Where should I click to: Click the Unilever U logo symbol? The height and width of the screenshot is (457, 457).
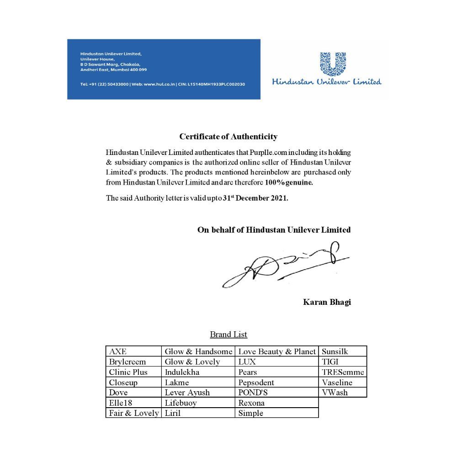pyautogui.click(x=333, y=64)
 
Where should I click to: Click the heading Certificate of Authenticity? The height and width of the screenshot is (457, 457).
pyautogui.click(x=228, y=137)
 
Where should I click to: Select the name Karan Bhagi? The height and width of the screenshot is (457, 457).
pyautogui.click(x=327, y=302)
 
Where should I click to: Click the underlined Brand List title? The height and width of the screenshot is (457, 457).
pyautogui.click(x=228, y=335)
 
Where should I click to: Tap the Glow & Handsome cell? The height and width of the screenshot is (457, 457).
pyautogui.click(x=198, y=351)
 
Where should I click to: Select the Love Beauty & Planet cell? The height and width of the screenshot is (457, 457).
pyautogui.click(x=277, y=351)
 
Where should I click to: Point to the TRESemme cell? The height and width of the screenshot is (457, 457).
pyautogui.click(x=343, y=372)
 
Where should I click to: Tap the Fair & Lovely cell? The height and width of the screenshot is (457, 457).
pyautogui.click(x=134, y=413)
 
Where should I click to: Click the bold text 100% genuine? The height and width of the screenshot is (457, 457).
pyautogui.click(x=288, y=183)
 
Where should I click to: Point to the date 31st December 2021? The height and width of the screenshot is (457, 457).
pyautogui.click(x=255, y=198)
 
